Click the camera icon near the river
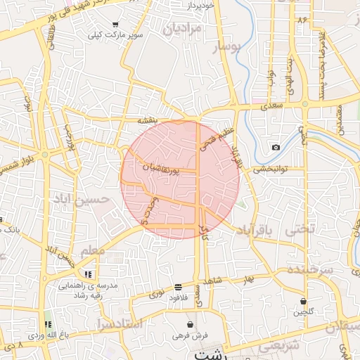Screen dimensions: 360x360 pyautogui.click(x=276, y=147)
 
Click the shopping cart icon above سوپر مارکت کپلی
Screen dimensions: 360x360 pyautogui.click(x=115, y=25)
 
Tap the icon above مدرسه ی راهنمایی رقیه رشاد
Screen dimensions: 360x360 pyautogui.click(x=89, y=274)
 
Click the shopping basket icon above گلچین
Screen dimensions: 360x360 pyautogui.click(x=303, y=301)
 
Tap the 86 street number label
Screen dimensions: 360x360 pyautogui.click(x=303, y=20)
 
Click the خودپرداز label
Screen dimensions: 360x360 pyautogui.click(x=201, y=6)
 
